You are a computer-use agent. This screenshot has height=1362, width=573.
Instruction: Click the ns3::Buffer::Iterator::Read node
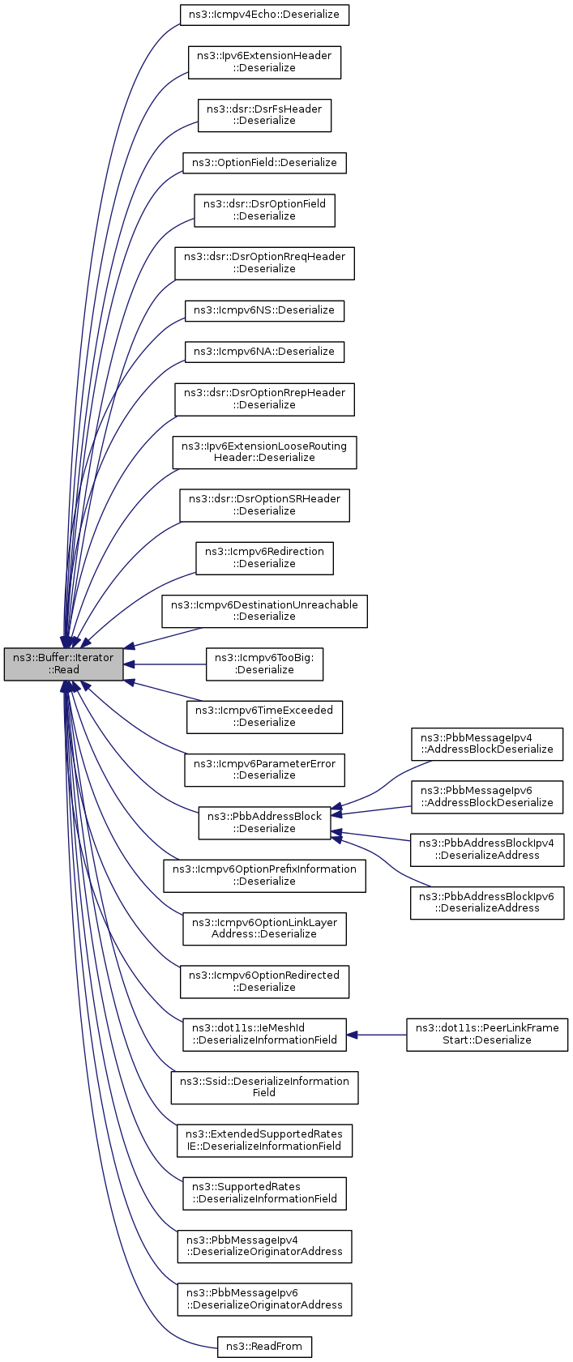[64, 664]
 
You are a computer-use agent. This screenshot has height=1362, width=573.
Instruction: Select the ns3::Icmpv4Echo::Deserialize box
[264, 15]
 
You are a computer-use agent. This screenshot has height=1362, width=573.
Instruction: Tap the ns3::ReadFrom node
[264, 1346]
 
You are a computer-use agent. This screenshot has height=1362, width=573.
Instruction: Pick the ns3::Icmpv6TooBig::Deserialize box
[264, 664]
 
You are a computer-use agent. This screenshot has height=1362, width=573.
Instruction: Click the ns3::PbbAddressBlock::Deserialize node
[264, 822]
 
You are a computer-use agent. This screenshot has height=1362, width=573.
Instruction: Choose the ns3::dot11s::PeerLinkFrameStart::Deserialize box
[486, 1035]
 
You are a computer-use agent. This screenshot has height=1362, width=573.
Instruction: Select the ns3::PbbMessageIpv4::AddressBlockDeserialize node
[486, 744]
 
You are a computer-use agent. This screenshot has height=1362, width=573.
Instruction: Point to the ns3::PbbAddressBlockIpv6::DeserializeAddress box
[486, 903]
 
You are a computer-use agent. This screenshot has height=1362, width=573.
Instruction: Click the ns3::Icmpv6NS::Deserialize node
[264, 310]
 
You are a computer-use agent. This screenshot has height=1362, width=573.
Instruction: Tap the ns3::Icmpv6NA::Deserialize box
[264, 352]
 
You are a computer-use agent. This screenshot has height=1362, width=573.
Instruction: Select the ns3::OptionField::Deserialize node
[264, 163]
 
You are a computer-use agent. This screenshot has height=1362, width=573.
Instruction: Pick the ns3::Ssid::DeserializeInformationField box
[264, 1087]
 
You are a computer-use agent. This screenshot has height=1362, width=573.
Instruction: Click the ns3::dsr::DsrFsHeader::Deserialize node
[264, 115]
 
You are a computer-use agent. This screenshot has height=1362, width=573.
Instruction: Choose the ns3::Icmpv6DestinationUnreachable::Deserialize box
[264, 611]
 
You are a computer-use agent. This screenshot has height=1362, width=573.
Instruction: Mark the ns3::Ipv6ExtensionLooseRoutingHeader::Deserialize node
[264, 452]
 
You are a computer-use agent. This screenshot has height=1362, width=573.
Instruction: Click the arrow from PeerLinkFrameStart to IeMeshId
[377, 1035]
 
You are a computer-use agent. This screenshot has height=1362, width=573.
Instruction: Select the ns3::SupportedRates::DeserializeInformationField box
[264, 1193]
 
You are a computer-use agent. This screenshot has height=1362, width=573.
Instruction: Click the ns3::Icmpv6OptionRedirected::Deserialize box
[264, 981]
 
